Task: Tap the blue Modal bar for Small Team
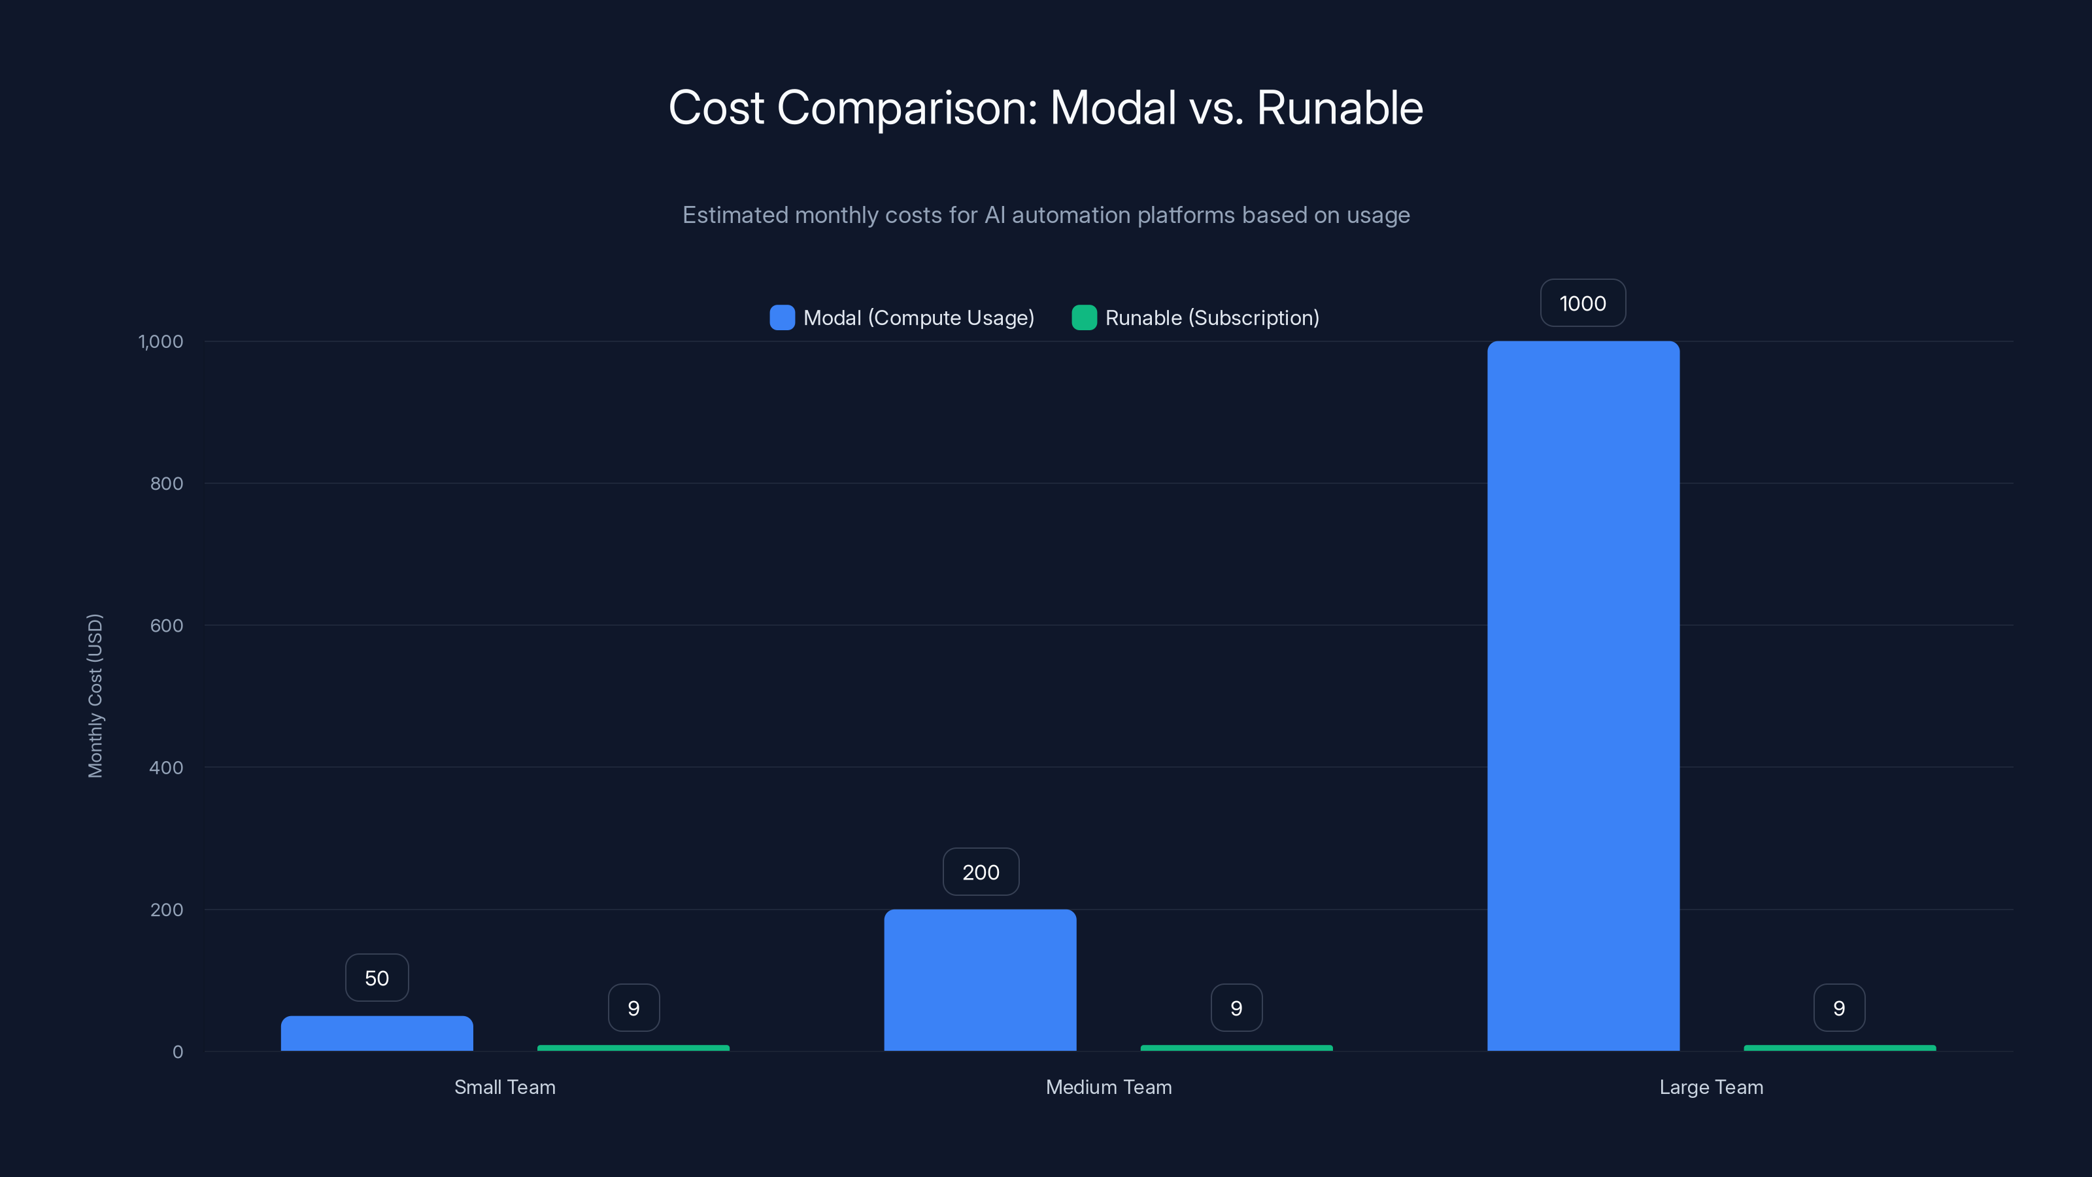tap(377, 1033)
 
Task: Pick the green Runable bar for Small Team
tap(633, 1048)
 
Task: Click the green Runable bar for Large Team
tap(1840, 1048)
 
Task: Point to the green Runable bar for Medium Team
tap(1236, 1048)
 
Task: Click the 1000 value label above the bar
tap(1583, 303)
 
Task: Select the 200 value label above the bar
tap(980, 872)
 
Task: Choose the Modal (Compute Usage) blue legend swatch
tap(782, 318)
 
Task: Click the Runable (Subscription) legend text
tap(1211, 318)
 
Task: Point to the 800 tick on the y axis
tap(167, 483)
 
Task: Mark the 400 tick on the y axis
tap(167, 768)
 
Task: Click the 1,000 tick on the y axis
tap(161, 341)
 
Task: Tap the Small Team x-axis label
tap(504, 1087)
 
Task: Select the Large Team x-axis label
tap(1711, 1087)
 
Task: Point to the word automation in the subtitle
tap(1070, 215)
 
